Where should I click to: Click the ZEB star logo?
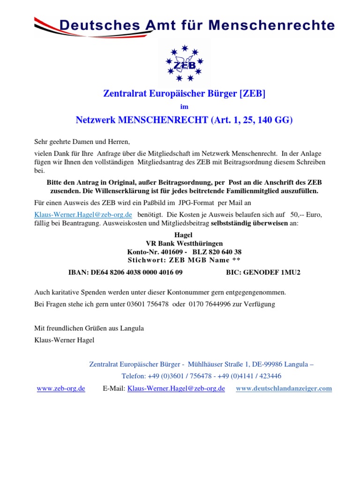point(184,63)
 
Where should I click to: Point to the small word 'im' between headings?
point(184,107)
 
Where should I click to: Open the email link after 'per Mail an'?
point(83,214)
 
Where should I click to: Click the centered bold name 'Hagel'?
point(183,235)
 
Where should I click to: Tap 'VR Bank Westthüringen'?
point(184,243)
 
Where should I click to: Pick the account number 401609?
point(171,252)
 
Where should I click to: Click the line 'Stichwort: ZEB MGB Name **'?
point(185,260)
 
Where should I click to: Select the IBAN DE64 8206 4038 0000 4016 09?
point(126,272)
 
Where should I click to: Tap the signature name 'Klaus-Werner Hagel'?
point(64,340)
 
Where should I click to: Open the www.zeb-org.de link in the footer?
point(61,388)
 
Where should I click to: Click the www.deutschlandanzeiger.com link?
point(284,388)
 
